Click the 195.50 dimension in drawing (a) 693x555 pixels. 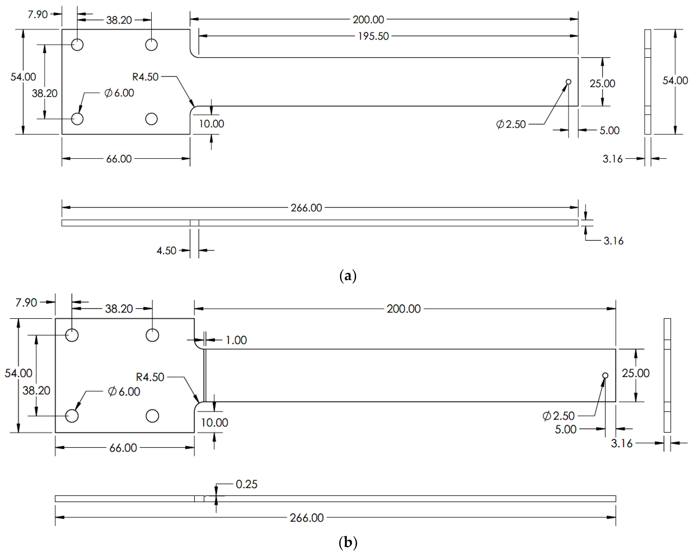click(373, 36)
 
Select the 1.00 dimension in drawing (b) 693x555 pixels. click(236, 340)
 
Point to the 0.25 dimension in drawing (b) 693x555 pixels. click(246, 484)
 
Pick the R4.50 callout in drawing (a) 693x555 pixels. click(145, 77)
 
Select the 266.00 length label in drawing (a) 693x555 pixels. click(306, 208)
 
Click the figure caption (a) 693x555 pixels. click(348, 276)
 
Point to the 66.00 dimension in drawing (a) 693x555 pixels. click(119, 159)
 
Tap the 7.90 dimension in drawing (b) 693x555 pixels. click(26, 303)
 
